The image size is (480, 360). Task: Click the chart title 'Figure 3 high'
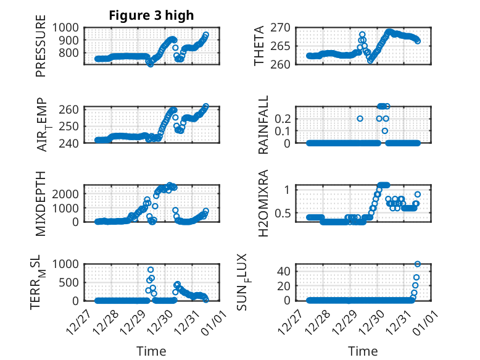(x=151, y=15)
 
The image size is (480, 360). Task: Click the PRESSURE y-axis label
(x=41, y=50)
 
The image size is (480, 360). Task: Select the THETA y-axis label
(x=259, y=46)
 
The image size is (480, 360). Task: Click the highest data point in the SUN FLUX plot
(x=418, y=264)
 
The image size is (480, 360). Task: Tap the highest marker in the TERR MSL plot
(x=151, y=270)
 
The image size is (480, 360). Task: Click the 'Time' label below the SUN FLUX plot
(x=363, y=351)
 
